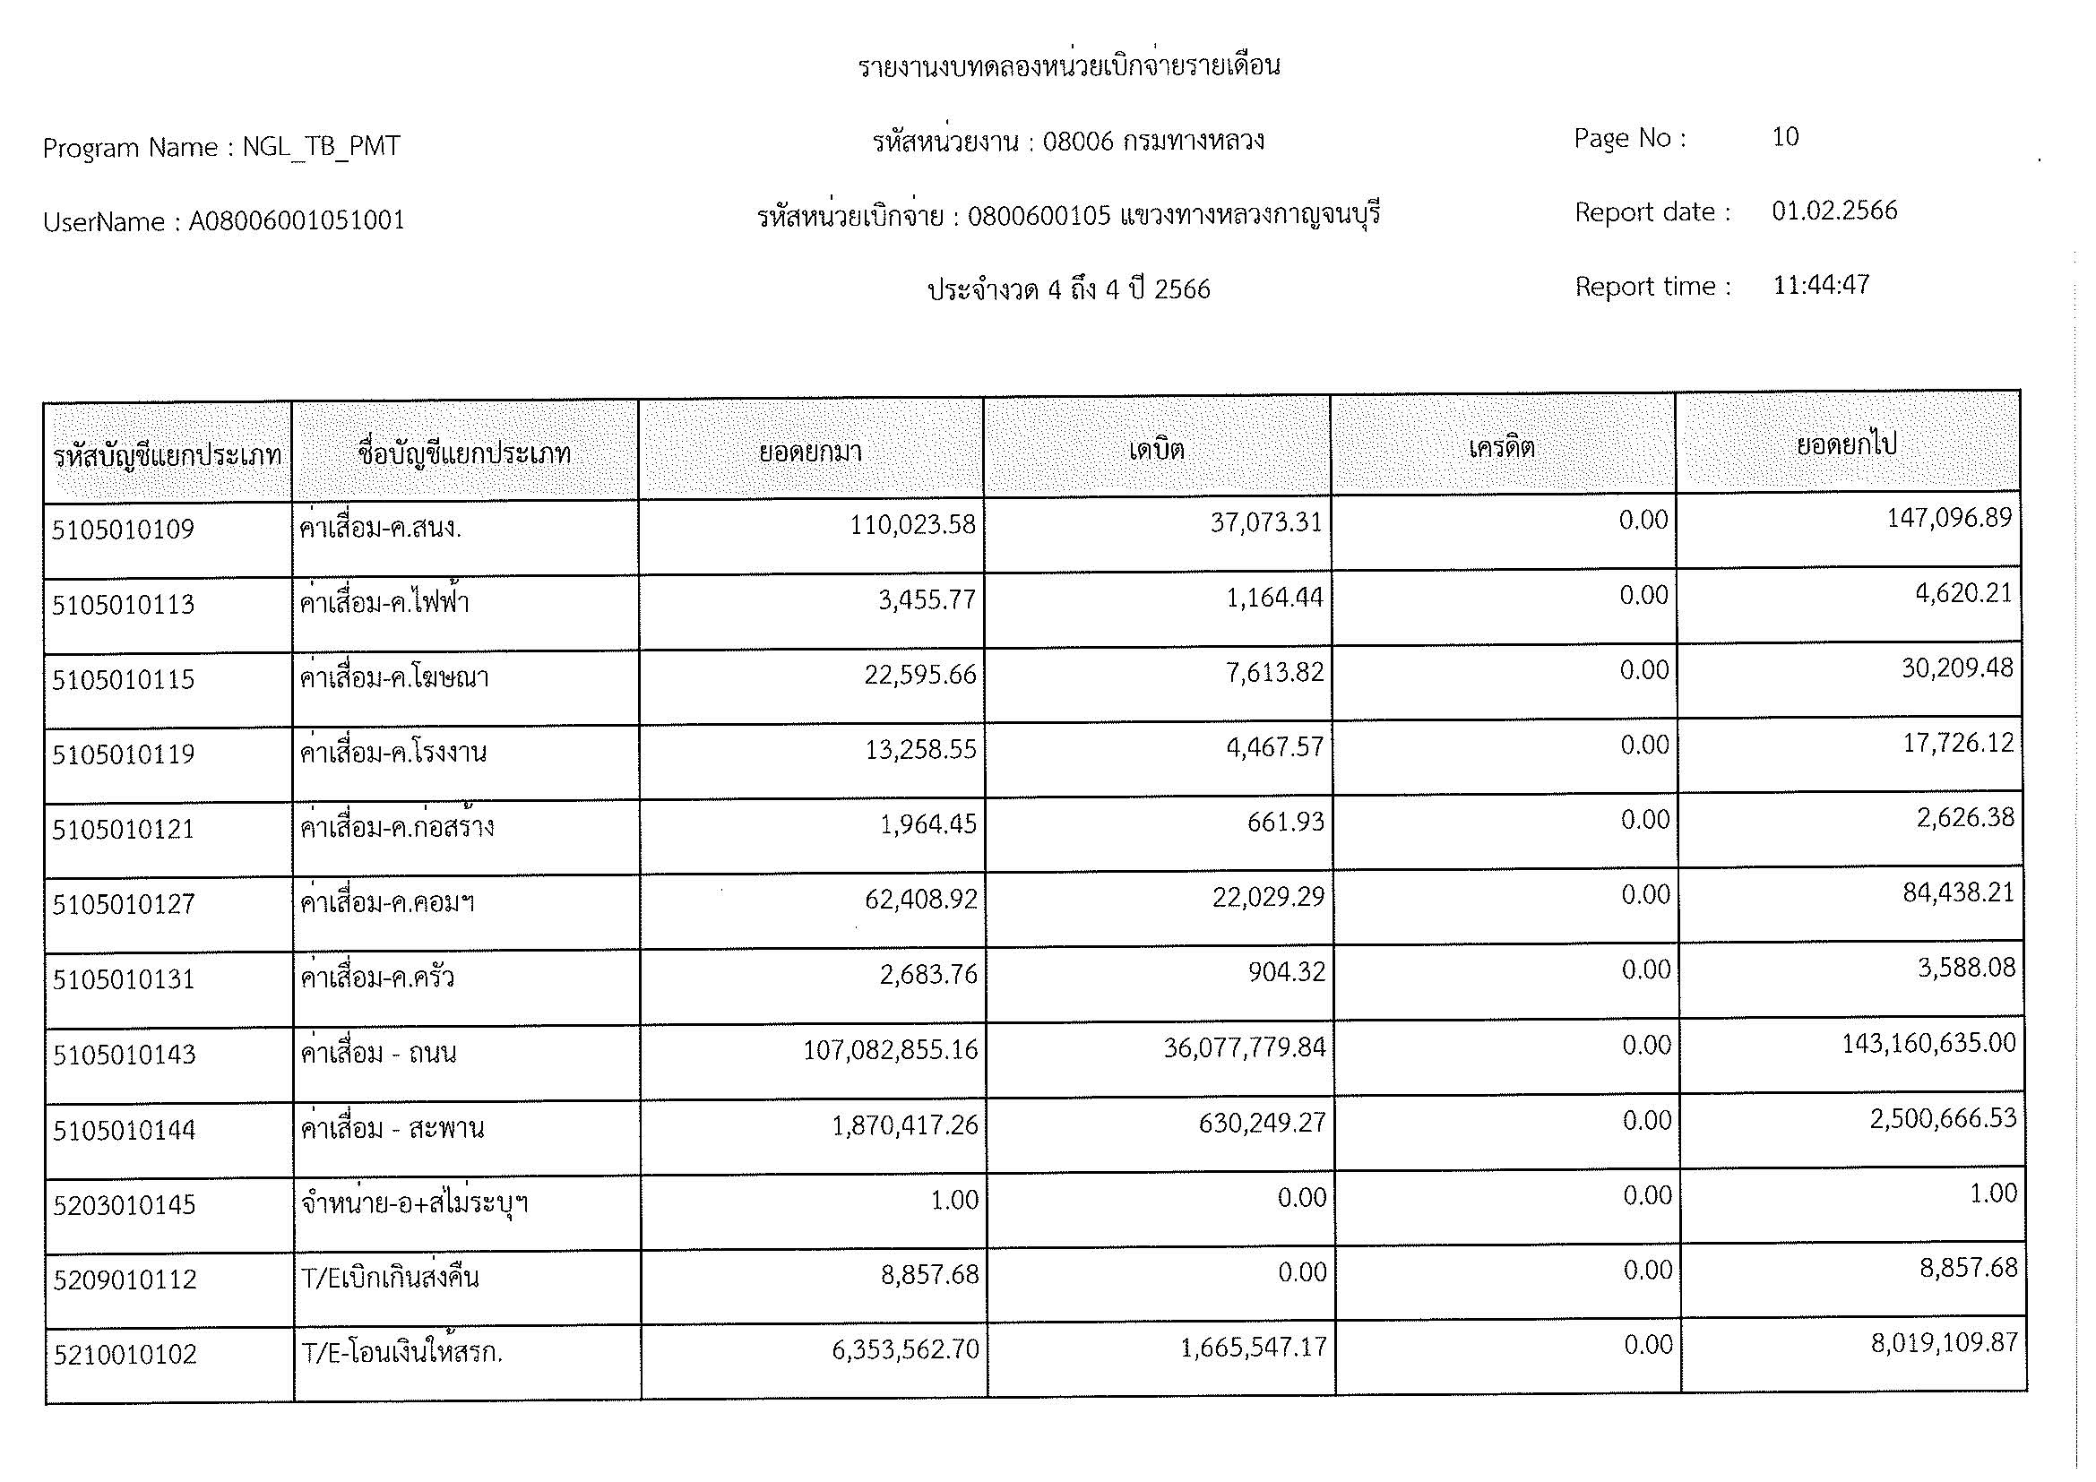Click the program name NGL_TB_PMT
point(321,147)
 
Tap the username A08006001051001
point(297,220)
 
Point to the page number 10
point(1785,137)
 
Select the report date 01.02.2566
point(1834,211)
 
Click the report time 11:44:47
point(1820,285)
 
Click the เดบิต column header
point(1156,449)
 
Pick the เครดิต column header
point(1502,447)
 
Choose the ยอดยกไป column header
point(1847,444)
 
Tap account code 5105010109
point(124,530)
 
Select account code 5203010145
point(125,1205)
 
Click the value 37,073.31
point(1266,523)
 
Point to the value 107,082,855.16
point(890,1050)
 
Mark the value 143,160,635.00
point(1928,1043)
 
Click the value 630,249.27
point(1262,1123)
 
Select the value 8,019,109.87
point(1944,1343)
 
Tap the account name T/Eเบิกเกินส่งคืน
point(390,1278)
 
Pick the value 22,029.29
point(1268,897)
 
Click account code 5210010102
point(125,1354)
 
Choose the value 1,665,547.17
point(1254,1348)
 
